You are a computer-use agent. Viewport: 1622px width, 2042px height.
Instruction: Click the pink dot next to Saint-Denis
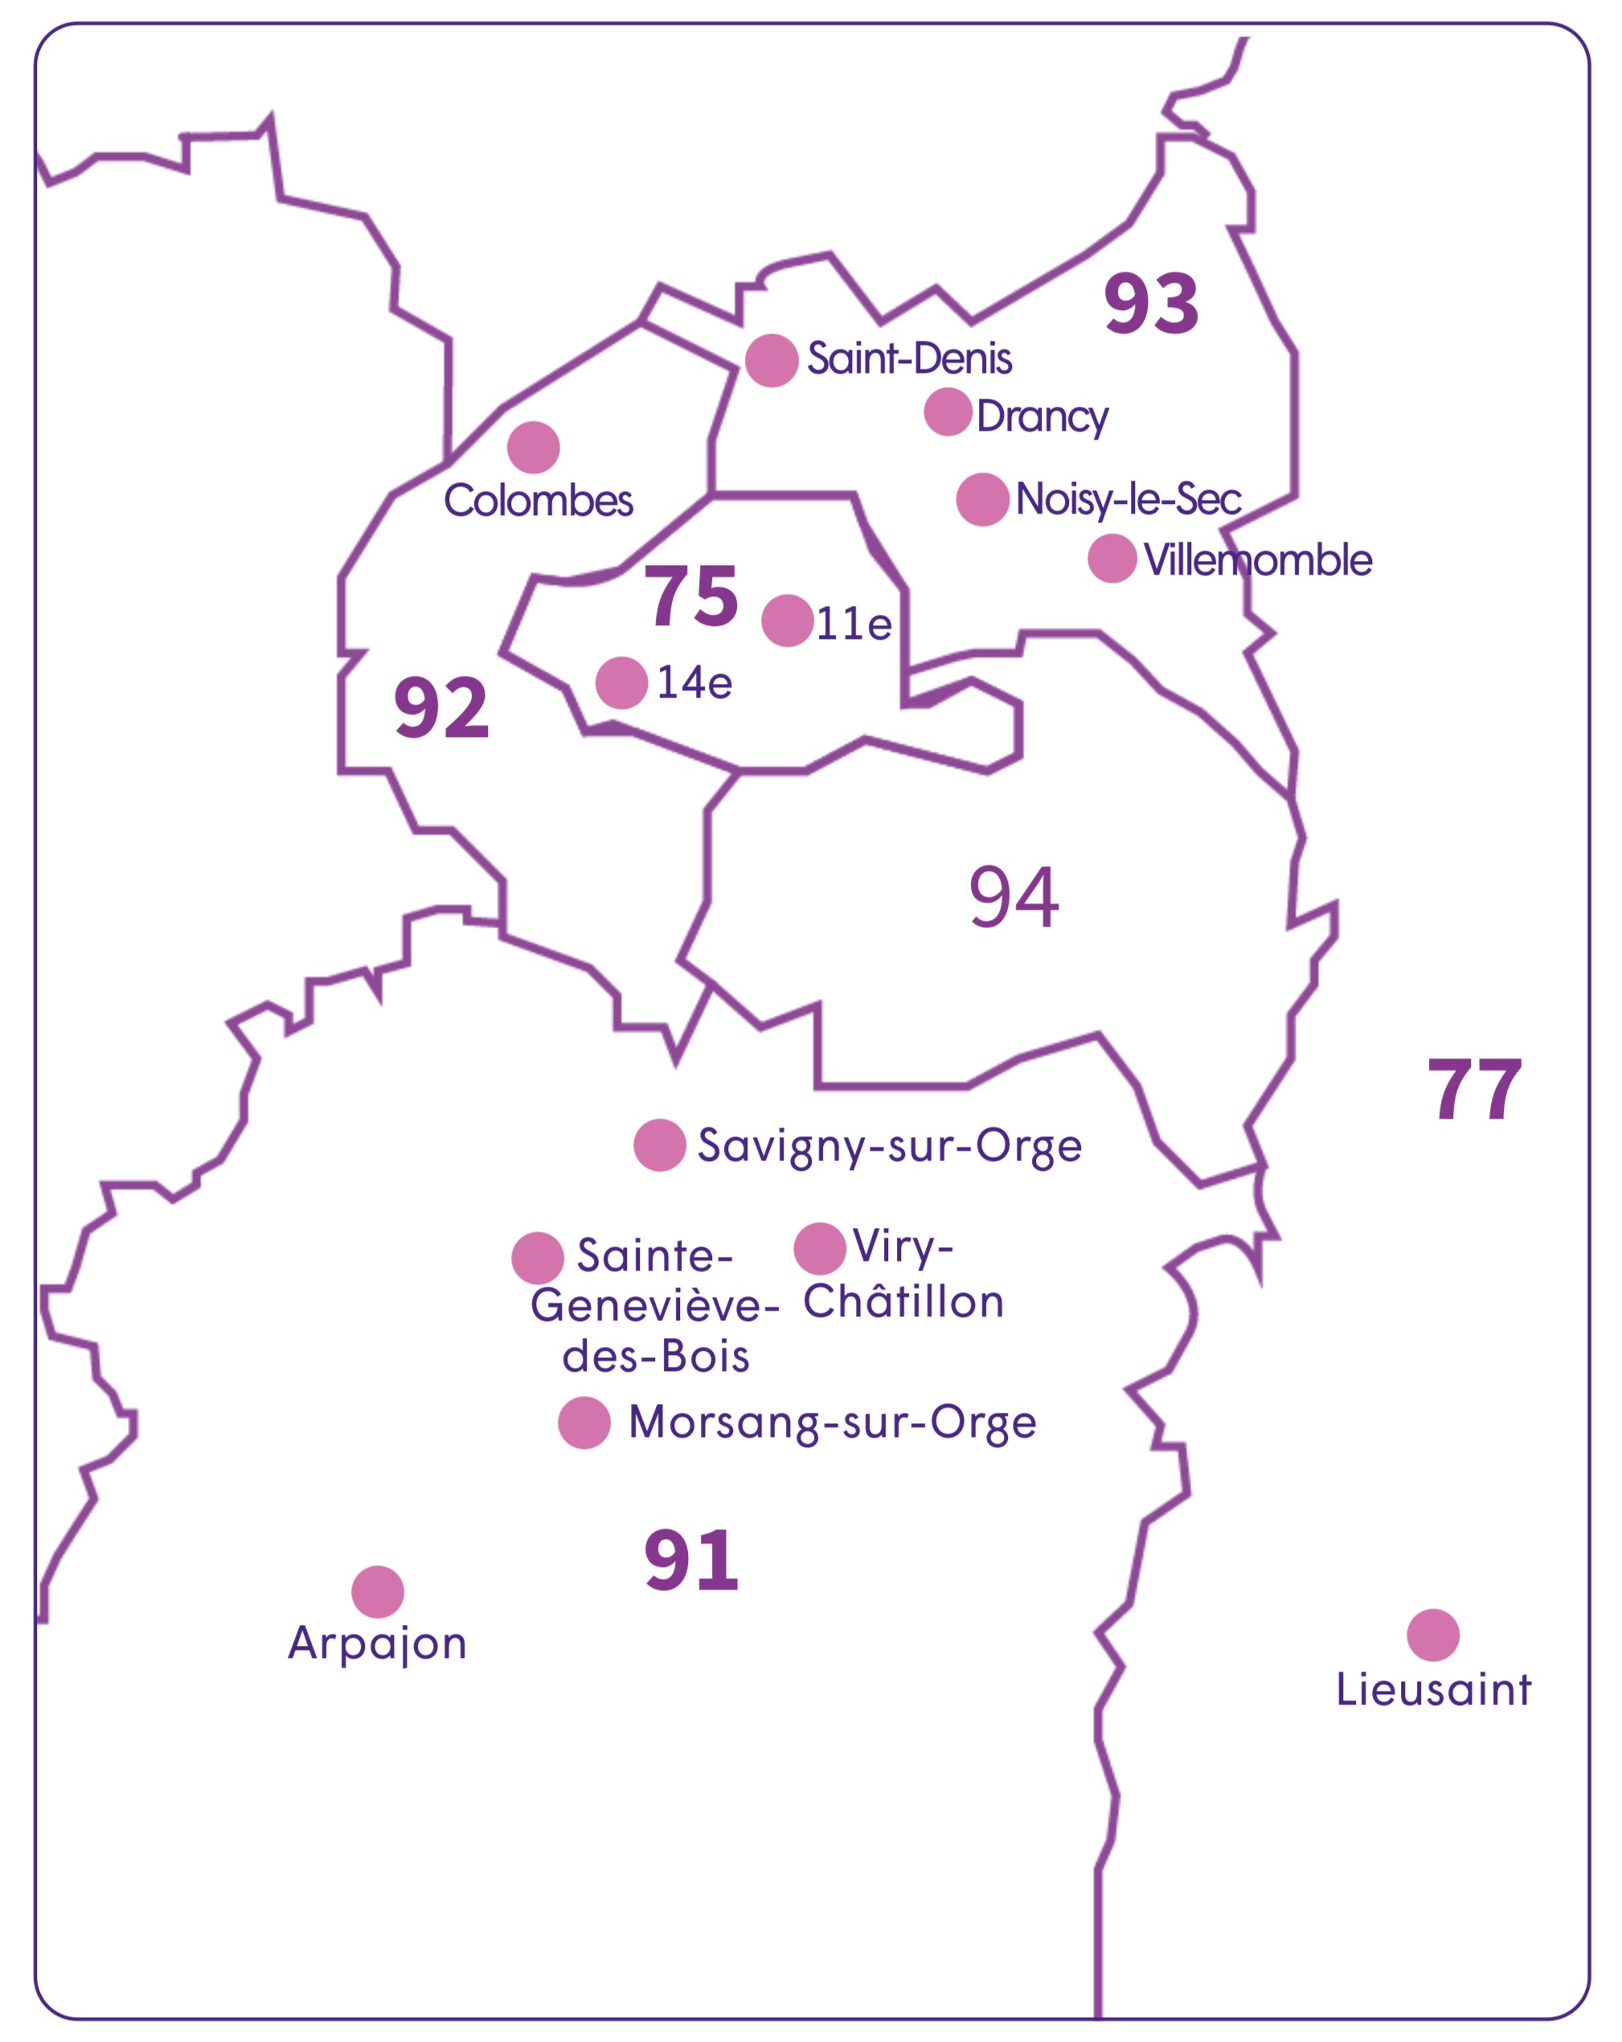(x=771, y=360)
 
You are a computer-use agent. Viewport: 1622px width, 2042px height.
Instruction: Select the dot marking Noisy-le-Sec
(x=981, y=499)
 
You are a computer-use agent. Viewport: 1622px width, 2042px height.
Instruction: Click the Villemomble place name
(x=1257, y=560)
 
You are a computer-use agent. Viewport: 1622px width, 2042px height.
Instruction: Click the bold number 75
(x=690, y=595)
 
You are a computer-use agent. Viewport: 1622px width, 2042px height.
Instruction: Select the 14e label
(x=694, y=683)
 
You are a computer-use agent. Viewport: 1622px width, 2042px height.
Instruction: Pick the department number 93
(x=1151, y=304)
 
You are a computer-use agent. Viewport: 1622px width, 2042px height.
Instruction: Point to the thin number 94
(x=1013, y=897)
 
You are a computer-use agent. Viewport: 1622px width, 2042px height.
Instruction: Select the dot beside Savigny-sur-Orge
(x=659, y=1145)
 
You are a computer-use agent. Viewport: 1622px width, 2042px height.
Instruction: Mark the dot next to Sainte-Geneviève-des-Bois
(x=537, y=1258)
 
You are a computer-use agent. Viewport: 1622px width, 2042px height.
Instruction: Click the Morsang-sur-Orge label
(x=832, y=1422)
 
